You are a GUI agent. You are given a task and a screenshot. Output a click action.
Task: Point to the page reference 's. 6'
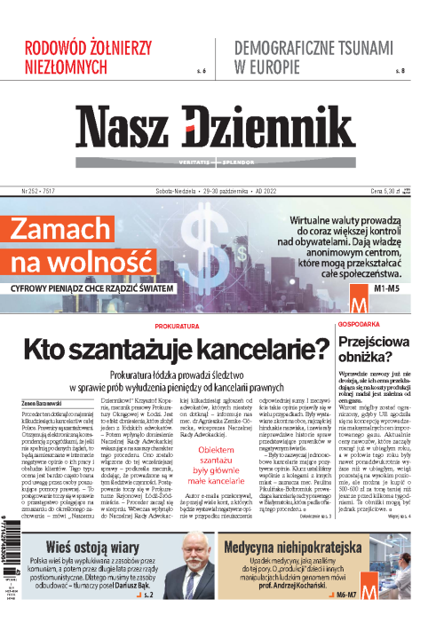click(x=200, y=69)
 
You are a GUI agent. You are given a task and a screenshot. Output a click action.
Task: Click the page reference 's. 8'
click(x=399, y=69)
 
